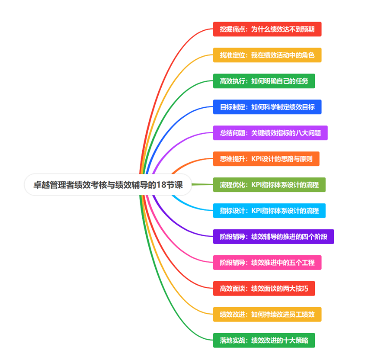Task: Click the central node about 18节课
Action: point(108,185)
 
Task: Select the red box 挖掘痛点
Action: point(267,29)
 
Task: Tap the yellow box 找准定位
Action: point(267,55)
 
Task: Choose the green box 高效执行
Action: point(264,81)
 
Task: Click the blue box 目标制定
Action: point(267,107)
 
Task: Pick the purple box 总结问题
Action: point(270,133)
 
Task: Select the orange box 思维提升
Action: point(266,159)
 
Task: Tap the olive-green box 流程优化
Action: point(269,185)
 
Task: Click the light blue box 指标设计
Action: point(269,211)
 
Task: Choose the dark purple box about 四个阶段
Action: point(273,237)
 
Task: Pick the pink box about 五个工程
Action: point(267,263)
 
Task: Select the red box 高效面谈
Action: point(264,289)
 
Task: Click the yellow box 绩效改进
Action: point(267,315)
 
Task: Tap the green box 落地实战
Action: point(264,341)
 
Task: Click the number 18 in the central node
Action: point(161,185)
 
